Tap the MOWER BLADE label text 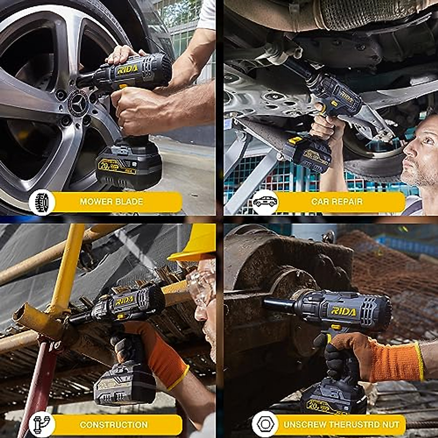coord(111,201)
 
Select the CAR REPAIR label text coord(337,201)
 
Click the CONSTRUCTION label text coord(114,424)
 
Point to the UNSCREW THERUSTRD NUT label coord(341,424)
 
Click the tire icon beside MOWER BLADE coord(42,202)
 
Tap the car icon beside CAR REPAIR coord(265,202)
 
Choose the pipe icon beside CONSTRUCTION coord(42,424)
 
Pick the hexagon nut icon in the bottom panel coord(265,424)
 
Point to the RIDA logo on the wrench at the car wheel coord(127,69)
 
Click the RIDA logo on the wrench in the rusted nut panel coord(343,311)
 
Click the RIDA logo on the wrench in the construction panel coord(124,301)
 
